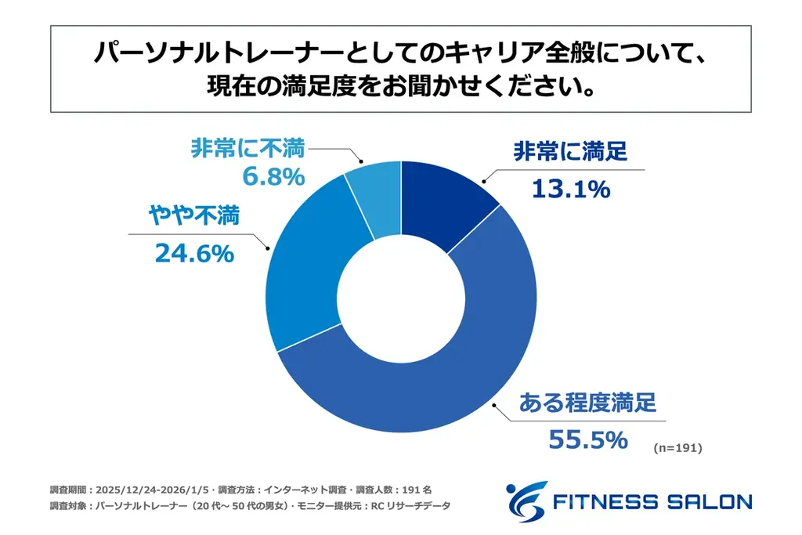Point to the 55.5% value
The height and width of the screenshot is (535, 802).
pos(588,439)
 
